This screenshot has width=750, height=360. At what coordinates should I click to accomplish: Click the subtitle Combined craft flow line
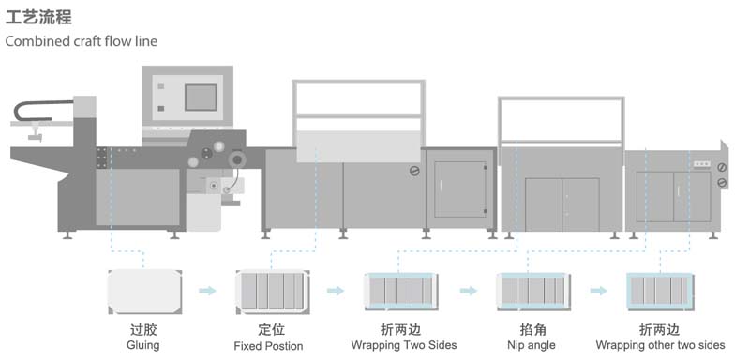point(81,41)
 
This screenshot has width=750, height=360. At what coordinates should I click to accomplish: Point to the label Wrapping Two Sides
point(403,345)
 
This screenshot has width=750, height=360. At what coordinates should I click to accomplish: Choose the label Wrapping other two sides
point(660,345)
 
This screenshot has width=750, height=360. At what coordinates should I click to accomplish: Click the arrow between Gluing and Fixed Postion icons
point(207,291)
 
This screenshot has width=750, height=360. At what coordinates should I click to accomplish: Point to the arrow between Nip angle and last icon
point(597,291)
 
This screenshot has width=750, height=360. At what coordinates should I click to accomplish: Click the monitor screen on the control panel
point(201,97)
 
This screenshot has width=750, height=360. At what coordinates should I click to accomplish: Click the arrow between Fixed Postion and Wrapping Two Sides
point(335,291)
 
